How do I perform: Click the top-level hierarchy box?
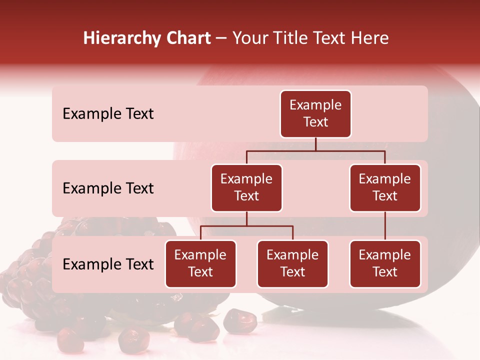(x=315, y=114)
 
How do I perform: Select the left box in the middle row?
(x=246, y=188)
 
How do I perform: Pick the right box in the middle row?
(x=385, y=188)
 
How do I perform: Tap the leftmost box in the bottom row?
(x=200, y=264)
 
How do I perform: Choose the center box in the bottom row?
(x=292, y=264)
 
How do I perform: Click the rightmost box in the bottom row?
(x=385, y=264)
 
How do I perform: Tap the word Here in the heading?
(x=369, y=38)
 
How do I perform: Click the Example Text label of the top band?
(x=108, y=114)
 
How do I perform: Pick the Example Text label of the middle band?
(x=108, y=188)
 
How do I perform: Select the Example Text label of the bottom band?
(x=108, y=264)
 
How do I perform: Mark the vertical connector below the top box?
(x=315, y=144)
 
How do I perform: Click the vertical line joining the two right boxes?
(x=385, y=226)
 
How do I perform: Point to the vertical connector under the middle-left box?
(x=246, y=218)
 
